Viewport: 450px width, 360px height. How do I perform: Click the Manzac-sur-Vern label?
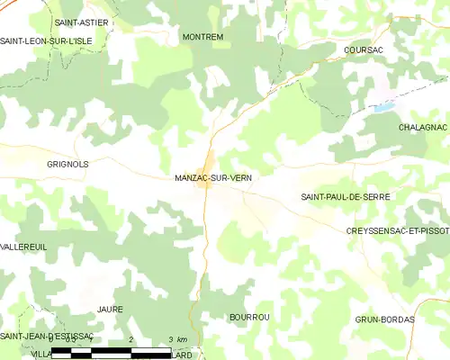click(213, 178)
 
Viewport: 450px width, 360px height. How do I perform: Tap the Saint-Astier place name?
click(77, 21)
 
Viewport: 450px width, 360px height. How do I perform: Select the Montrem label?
click(202, 37)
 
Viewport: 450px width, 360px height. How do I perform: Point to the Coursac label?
click(364, 50)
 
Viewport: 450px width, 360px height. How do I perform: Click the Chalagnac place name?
click(422, 128)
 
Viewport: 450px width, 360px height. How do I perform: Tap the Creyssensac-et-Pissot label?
click(397, 231)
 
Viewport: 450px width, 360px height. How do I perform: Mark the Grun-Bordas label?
click(384, 319)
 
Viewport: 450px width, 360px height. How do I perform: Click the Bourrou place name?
click(249, 318)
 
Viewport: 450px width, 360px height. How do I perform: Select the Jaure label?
click(110, 309)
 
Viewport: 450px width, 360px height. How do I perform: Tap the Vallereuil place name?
click(23, 246)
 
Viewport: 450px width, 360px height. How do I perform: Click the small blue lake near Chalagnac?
click(384, 107)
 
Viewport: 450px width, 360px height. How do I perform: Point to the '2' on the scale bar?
click(131, 339)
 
